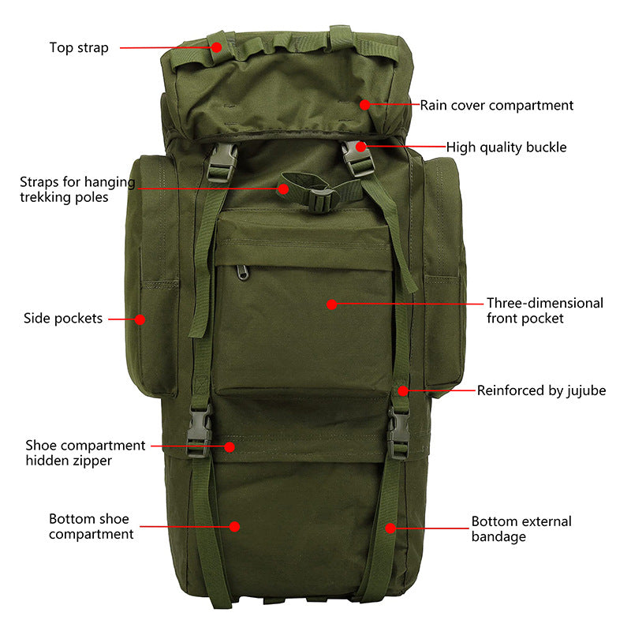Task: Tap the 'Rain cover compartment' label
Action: coord(496,105)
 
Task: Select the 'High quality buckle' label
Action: coord(506,147)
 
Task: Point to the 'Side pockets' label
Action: coord(63,319)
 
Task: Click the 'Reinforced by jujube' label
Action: coord(541,390)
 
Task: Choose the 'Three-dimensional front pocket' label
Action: coord(544,311)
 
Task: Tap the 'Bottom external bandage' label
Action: coord(521,529)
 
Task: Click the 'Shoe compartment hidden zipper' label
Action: coord(85,453)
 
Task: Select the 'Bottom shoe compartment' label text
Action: coord(91,527)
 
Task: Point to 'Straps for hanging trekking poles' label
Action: coord(77,190)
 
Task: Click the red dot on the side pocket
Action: coord(140,319)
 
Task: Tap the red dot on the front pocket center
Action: coord(332,304)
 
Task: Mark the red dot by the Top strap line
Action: coord(215,47)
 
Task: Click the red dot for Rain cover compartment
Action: coord(364,104)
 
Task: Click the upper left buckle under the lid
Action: coord(223,161)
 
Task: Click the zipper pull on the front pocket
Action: coord(242,272)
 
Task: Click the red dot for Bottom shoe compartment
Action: coord(234,525)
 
